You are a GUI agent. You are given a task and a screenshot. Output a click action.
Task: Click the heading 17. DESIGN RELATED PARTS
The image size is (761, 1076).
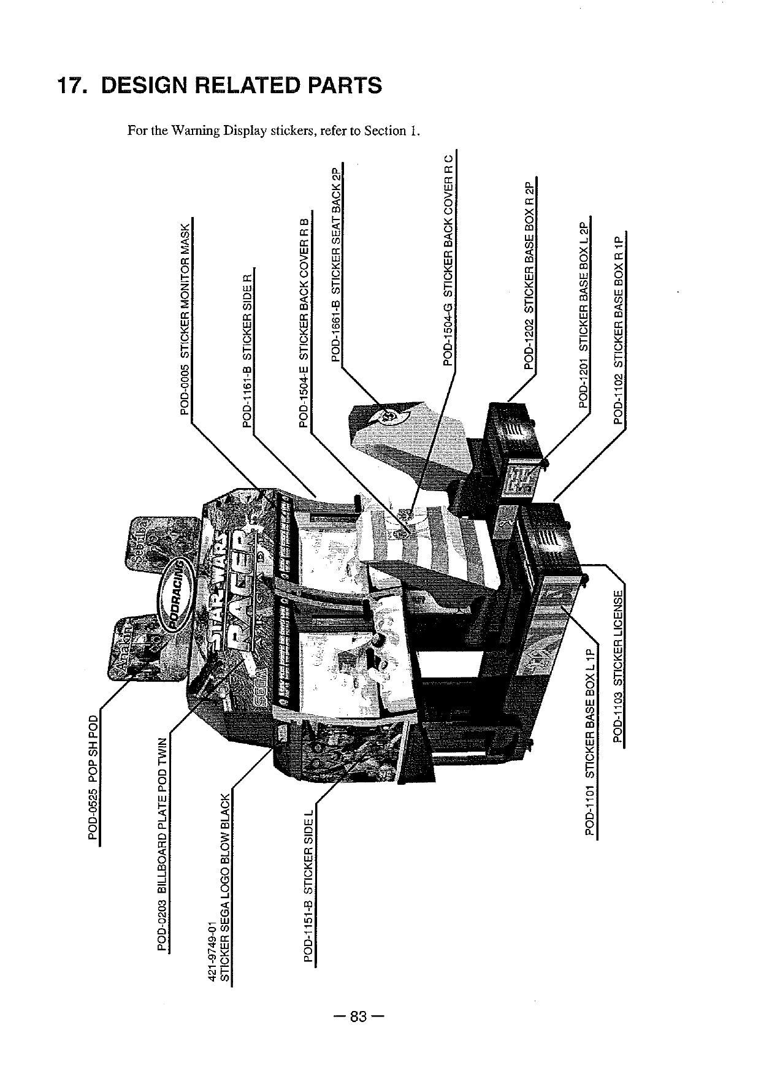pyautogui.click(x=219, y=85)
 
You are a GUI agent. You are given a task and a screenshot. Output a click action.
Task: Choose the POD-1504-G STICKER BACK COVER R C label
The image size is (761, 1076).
pyautogui.click(x=448, y=260)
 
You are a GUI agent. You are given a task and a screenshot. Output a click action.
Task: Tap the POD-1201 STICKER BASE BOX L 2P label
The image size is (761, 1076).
pyautogui.click(x=584, y=313)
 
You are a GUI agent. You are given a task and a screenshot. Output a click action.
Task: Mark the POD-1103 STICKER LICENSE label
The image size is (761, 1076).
pyautogui.click(x=619, y=665)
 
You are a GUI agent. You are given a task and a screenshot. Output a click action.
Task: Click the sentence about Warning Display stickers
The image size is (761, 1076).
pyautogui.click(x=273, y=131)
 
